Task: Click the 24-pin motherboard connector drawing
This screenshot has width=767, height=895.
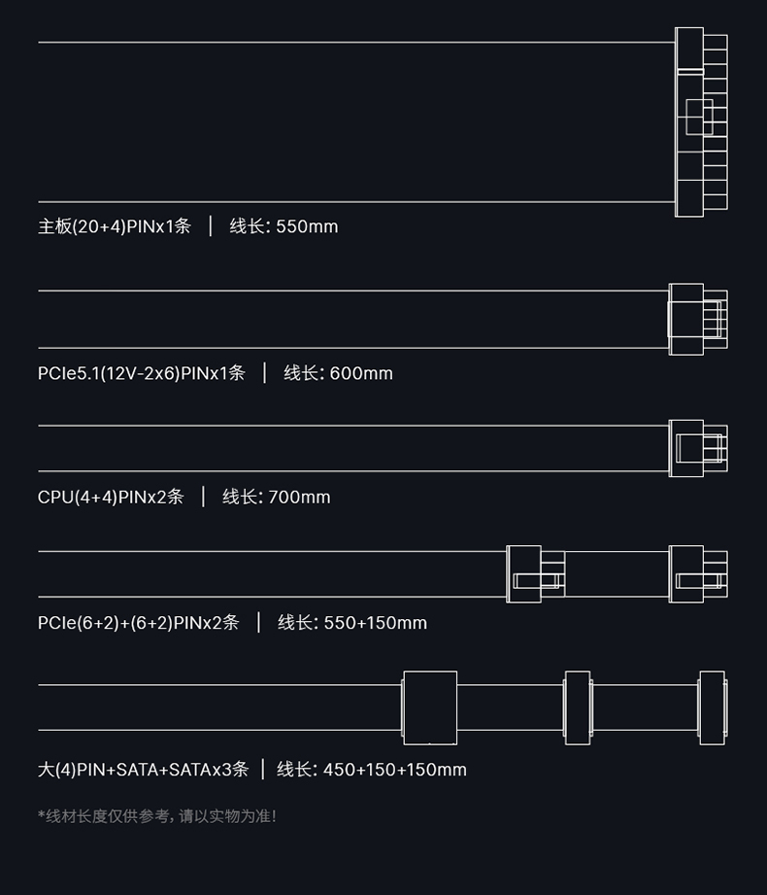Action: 701,122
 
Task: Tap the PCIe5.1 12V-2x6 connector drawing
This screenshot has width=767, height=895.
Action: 698,319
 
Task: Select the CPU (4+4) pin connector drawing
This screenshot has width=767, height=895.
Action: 698,448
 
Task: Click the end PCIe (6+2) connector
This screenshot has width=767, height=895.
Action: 698,573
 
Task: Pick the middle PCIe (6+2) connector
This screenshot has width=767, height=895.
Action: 536,573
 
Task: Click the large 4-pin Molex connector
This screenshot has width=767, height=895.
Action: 430,707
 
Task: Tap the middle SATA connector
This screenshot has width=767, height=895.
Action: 578,707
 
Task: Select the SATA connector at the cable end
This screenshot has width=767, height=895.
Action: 713,707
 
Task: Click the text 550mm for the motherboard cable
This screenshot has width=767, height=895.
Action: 307,226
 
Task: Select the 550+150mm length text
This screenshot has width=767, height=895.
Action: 375,623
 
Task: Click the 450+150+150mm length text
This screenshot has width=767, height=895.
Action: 394,770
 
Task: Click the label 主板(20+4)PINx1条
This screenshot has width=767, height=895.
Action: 114,226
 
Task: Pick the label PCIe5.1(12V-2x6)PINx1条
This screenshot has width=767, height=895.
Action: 142,373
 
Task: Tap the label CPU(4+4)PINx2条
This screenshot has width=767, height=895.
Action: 111,498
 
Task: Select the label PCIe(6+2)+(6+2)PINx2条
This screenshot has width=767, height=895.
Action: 138,623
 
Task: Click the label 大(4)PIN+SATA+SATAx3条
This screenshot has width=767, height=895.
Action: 143,770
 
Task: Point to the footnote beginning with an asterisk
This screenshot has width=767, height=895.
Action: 157,816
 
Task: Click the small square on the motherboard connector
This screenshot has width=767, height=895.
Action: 699,117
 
